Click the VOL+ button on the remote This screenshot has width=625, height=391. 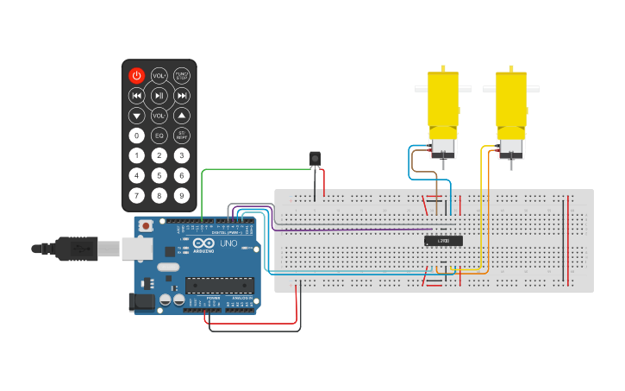[x=159, y=76]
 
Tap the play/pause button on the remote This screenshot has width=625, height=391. [x=159, y=96]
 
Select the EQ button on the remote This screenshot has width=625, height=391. [x=159, y=136]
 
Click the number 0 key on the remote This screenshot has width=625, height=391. [x=136, y=136]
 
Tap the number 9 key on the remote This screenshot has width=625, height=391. [x=182, y=195]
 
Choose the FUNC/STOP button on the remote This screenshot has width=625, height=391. [x=182, y=76]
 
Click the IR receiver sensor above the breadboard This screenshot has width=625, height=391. [x=315, y=158]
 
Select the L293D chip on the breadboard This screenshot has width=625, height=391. [x=443, y=241]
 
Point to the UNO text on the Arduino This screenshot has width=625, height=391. [x=229, y=244]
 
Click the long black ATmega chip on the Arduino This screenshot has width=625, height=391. [x=220, y=286]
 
